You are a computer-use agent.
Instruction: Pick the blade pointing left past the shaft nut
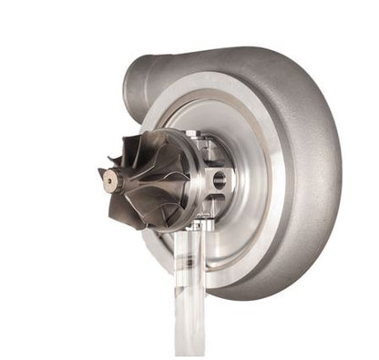[102, 172]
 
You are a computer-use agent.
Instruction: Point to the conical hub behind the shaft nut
[128, 180]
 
